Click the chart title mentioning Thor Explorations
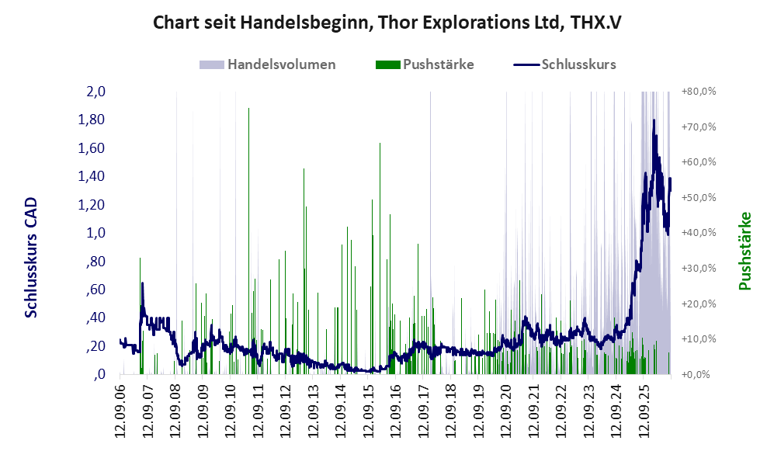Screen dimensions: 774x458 click(387, 23)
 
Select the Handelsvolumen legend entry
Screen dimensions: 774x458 click(268, 64)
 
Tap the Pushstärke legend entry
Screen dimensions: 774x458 click(425, 64)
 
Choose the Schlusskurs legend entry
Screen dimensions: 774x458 click(564, 64)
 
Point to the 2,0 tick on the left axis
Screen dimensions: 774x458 click(95, 92)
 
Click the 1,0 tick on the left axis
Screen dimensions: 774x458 click(95, 232)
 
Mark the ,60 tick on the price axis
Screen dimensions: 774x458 click(95, 290)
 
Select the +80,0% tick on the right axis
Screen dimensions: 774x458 click(699, 92)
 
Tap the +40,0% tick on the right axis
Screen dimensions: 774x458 click(699, 232)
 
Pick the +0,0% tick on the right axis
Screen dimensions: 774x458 click(696, 374)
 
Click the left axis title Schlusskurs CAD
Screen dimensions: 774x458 click(31, 257)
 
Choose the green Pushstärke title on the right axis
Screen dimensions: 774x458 click(744, 251)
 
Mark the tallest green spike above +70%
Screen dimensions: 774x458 click(248, 241)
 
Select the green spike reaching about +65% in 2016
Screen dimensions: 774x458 click(380, 257)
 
